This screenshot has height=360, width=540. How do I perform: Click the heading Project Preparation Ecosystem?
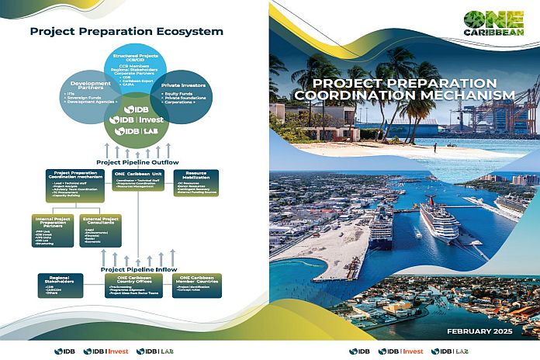[126, 32]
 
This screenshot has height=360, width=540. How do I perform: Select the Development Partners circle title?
[91, 85]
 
